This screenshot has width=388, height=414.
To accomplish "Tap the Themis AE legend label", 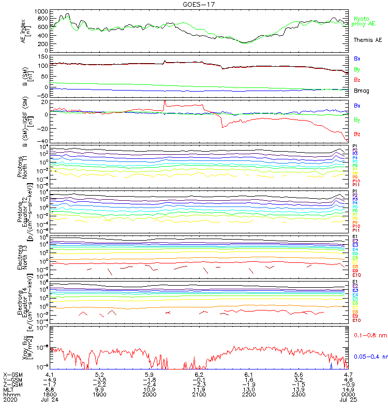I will (x=367, y=40).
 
